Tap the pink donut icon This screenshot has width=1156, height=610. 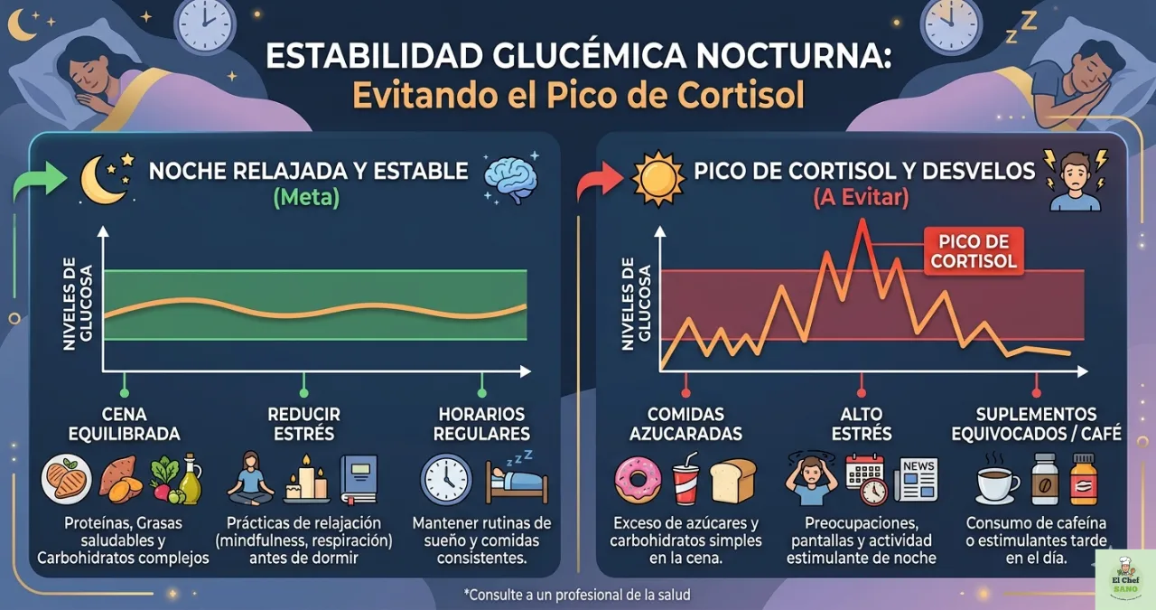pyautogui.click(x=638, y=481)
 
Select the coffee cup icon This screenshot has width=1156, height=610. pyautogui.click(x=998, y=481)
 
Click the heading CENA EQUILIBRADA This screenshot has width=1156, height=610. pyautogui.click(x=125, y=424)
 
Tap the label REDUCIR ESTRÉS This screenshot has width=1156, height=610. pyautogui.click(x=303, y=424)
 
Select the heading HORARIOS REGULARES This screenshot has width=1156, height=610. pyautogui.click(x=481, y=424)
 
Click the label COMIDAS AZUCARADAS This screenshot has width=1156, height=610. pyautogui.click(x=686, y=424)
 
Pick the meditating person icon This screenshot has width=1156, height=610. pyautogui.click(x=249, y=479)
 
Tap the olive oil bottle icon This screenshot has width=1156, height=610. pyautogui.click(x=191, y=479)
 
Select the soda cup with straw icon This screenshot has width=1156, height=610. pyautogui.click(x=685, y=481)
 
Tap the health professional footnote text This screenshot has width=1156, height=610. pyautogui.click(x=577, y=595)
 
